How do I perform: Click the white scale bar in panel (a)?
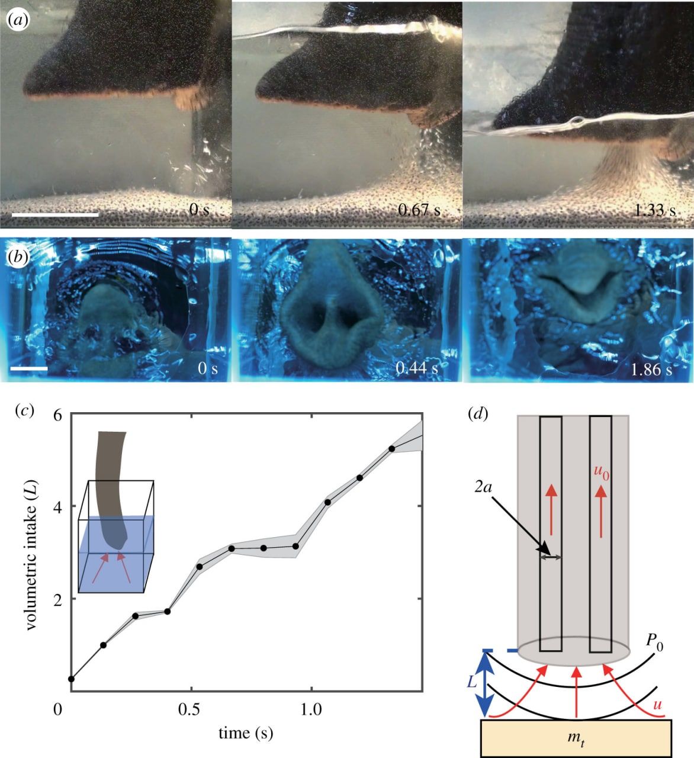click(x=55, y=214)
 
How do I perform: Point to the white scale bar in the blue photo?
click(x=29, y=368)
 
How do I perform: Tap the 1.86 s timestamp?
click(x=652, y=369)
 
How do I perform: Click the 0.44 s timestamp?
click(x=417, y=368)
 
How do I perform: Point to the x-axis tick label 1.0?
click(x=311, y=709)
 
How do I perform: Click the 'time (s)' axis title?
click(x=246, y=733)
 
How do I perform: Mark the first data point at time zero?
click(x=71, y=679)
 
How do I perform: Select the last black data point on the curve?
click(x=391, y=448)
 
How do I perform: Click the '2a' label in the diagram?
click(x=483, y=487)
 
